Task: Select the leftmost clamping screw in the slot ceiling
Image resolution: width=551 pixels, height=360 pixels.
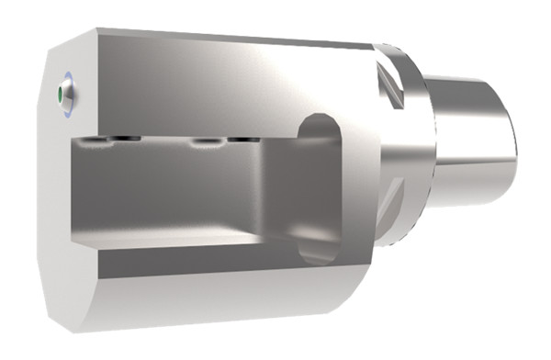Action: [x=93, y=140]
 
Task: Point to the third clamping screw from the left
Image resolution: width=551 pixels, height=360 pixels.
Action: [x=203, y=142]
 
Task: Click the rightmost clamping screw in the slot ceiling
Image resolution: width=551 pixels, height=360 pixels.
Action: [x=241, y=140]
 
